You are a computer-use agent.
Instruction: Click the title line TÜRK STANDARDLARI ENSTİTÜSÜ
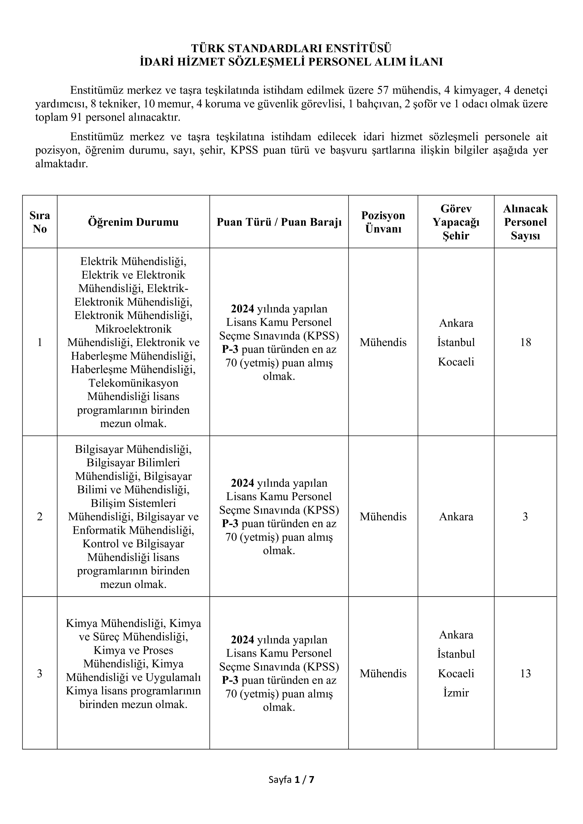coord(291,48)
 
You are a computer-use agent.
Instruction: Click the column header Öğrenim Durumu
coord(133,222)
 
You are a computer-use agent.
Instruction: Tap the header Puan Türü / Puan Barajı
coord(279,222)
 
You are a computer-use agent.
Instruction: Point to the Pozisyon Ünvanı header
coord(383,222)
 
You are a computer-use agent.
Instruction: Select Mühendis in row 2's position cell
coord(383,517)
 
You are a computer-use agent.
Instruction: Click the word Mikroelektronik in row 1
coord(133,329)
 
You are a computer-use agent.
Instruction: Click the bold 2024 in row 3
coord(242,640)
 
